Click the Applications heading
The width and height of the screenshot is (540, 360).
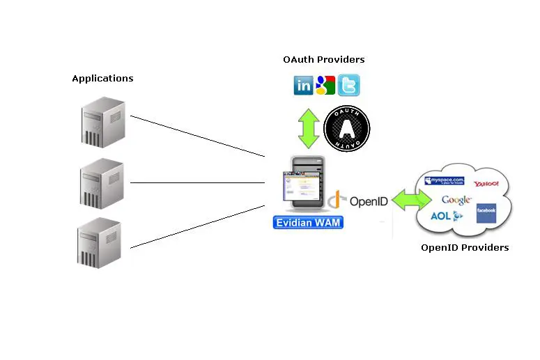102,79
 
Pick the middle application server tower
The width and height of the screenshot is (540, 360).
101,183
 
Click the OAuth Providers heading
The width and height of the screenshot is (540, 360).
323,60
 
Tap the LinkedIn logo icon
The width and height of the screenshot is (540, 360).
304,86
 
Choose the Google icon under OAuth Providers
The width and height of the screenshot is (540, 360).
325,86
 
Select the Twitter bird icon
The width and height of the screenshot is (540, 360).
348,86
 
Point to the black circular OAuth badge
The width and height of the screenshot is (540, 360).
346,129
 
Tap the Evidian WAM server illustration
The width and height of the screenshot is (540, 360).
303,185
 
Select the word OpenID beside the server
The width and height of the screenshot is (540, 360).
369,202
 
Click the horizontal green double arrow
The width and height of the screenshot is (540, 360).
412,201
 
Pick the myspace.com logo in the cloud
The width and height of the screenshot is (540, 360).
444,182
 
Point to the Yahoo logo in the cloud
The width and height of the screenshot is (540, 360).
486,185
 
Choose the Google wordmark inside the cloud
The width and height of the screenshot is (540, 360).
456,201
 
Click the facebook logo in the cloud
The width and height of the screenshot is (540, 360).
486,212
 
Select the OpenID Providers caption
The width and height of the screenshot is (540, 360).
464,248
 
